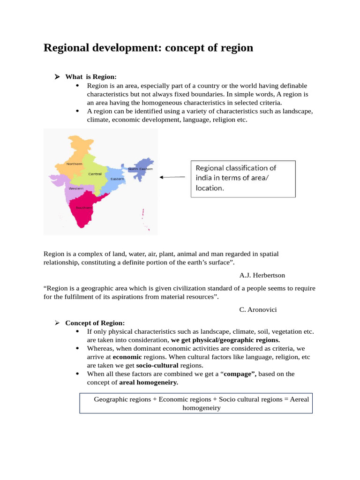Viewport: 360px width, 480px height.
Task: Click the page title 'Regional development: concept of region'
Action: coord(148,48)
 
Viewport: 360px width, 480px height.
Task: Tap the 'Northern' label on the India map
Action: coord(74,164)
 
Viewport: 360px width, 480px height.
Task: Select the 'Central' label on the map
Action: coord(95,174)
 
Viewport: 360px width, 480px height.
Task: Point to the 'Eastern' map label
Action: coord(117,179)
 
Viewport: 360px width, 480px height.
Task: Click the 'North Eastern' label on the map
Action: coord(140,169)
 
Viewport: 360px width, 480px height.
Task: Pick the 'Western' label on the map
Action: coord(76,188)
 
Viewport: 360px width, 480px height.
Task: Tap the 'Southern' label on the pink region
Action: coord(84,207)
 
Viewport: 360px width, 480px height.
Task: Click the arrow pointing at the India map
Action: coord(172,177)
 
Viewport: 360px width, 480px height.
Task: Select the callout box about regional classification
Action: coord(243,178)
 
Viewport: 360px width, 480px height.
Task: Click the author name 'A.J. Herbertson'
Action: coord(262,275)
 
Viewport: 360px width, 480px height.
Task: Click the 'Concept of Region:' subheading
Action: coord(95,323)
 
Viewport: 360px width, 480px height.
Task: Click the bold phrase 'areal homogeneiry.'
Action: coord(149,382)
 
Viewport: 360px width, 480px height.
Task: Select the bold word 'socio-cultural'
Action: coord(157,365)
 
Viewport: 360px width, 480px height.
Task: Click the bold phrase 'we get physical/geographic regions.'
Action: coord(225,340)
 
